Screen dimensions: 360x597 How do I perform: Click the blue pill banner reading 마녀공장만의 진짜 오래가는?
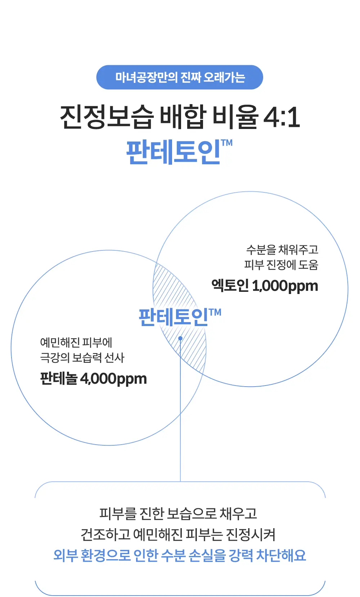[x=180, y=77]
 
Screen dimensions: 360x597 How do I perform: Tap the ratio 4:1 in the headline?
[x=282, y=117]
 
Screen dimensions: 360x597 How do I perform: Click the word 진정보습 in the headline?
[x=107, y=117]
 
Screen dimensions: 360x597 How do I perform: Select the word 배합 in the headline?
[x=183, y=117]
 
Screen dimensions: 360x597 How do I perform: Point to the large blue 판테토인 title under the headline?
[x=174, y=152]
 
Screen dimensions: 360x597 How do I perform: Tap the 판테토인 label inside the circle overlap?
[x=173, y=317]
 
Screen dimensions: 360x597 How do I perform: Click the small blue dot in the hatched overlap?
[x=180, y=338]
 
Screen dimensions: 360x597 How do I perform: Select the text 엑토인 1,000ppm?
[x=265, y=286]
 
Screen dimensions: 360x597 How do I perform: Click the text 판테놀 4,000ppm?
[x=94, y=378]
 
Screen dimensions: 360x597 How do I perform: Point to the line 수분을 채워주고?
[x=282, y=250]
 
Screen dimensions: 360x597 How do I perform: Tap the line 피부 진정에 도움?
[x=281, y=265]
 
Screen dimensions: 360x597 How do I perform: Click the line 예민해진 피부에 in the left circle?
[x=76, y=343]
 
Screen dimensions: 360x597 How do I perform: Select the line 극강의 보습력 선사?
[x=82, y=358]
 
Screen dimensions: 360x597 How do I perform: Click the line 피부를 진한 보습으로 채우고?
[x=178, y=513]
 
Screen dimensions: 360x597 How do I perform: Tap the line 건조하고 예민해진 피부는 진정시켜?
[x=178, y=534]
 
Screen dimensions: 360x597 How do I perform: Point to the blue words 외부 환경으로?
[x=92, y=556]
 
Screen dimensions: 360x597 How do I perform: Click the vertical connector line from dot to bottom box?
[x=180, y=410]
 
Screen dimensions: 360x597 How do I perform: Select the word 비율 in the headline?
[x=236, y=117]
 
